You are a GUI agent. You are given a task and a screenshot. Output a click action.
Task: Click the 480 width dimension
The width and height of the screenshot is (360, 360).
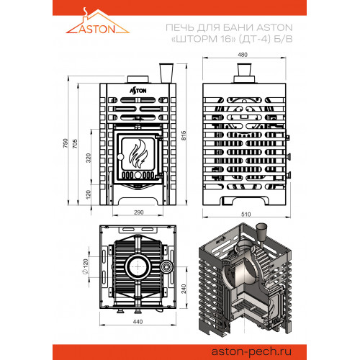(243, 55)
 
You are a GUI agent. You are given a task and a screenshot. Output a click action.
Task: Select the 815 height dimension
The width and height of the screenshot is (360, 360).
(184, 135)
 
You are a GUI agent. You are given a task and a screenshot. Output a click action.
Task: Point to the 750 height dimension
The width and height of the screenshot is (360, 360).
(66, 143)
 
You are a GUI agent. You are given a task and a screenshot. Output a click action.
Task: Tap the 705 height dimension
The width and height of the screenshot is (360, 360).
(75, 143)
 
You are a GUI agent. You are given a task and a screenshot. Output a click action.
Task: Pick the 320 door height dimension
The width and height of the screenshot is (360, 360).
(89, 158)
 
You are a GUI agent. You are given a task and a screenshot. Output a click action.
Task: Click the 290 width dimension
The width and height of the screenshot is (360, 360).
(139, 212)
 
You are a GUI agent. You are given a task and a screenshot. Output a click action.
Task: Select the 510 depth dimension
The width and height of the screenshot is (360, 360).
(246, 214)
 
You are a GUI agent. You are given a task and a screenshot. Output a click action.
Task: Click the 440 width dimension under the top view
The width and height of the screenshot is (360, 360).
(138, 321)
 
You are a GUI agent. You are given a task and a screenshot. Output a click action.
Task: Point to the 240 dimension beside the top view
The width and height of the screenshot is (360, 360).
(184, 289)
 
